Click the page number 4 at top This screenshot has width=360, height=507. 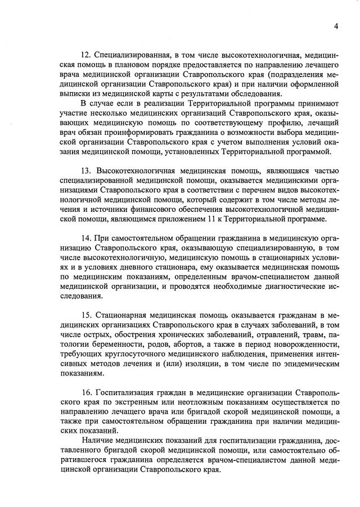click(335, 26)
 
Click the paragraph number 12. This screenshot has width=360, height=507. click(86, 55)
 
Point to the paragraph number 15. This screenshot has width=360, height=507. click(86, 315)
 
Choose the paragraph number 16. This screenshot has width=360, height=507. click(86, 392)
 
